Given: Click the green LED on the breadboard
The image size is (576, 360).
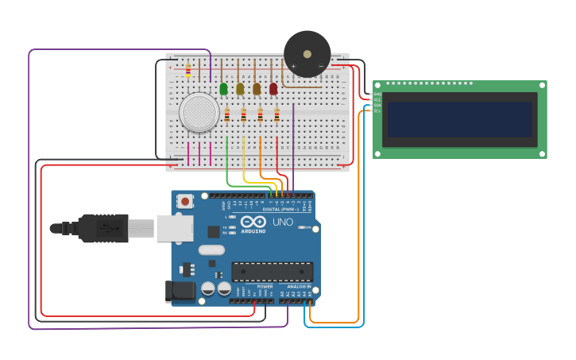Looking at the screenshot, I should point(223,88).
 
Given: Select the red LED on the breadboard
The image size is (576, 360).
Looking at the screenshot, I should point(273,88).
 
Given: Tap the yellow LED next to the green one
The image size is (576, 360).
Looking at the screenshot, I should point(240,88).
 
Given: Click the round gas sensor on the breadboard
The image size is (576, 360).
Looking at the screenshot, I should point(199,112).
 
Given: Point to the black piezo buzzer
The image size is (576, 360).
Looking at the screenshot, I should point(307,53).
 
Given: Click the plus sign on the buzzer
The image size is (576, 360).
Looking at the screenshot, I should point(293,66).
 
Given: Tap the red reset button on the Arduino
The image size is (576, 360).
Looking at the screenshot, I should point(185,202).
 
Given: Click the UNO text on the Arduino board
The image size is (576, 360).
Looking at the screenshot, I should point(283,222).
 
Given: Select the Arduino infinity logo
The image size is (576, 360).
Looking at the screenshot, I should point(253,221).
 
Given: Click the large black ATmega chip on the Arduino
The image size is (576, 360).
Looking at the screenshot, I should point(272,271).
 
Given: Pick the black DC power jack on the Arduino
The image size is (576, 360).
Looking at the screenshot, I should point(180,292).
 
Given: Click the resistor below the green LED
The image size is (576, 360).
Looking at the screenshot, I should point(226,115).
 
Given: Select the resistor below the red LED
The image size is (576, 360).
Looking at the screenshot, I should point(276,115).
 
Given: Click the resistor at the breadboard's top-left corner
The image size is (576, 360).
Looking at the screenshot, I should point(188,71).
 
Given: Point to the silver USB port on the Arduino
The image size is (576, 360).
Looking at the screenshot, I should point(174,228).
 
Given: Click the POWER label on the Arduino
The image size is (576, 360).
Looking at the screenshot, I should point(254,286).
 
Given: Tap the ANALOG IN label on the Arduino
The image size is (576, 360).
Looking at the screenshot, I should point(298,286).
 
